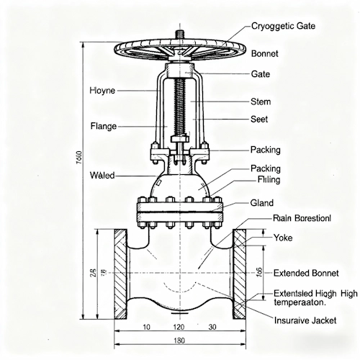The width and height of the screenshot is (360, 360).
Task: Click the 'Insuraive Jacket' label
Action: (x=305, y=322)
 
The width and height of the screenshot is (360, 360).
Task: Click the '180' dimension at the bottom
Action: (x=179, y=341)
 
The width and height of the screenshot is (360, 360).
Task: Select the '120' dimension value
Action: (x=180, y=328)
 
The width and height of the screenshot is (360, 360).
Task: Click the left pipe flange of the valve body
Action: (x=121, y=275)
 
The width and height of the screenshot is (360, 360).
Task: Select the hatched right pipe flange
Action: (x=240, y=275)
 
